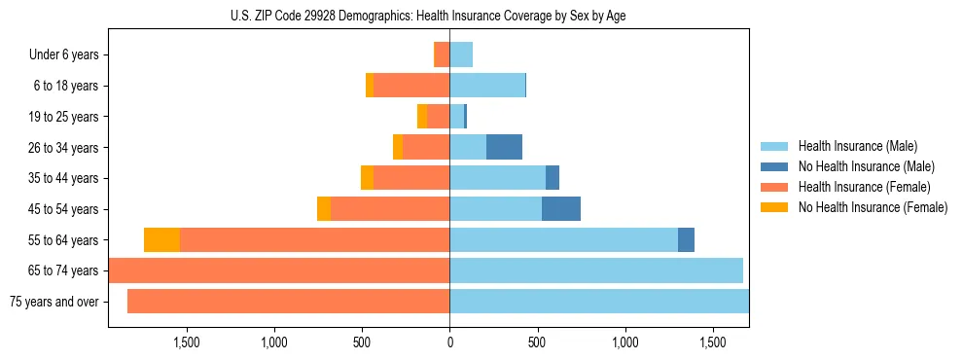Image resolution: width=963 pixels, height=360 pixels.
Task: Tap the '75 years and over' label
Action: click(x=54, y=302)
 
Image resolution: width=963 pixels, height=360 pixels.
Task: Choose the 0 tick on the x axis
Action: click(x=449, y=342)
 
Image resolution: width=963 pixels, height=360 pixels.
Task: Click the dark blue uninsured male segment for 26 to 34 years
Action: click(x=504, y=147)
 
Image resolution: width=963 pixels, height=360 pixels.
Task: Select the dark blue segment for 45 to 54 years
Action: click(x=561, y=209)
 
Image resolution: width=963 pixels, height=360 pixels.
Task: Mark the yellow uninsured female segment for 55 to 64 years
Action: click(x=161, y=240)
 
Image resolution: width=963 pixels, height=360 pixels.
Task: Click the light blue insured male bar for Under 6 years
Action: click(x=461, y=54)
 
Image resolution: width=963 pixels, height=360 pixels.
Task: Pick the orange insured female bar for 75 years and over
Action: click(x=288, y=302)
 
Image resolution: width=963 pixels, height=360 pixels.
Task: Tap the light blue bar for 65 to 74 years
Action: click(x=596, y=270)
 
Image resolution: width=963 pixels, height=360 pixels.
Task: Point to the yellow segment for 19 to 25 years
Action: click(x=422, y=117)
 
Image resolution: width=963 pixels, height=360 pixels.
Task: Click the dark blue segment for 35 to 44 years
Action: click(x=553, y=178)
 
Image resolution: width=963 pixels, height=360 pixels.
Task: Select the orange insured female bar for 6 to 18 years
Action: click(x=411, y=86)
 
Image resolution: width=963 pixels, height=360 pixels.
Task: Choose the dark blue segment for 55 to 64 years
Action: click(x=686, y=240)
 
